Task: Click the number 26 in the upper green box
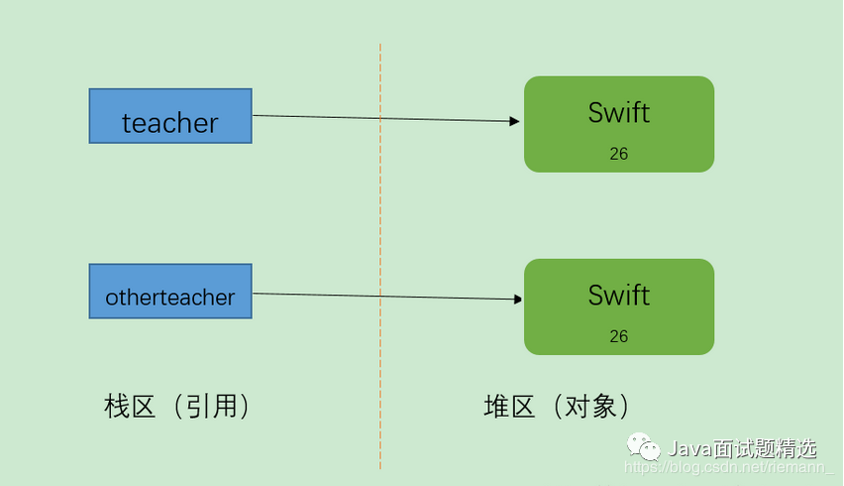(x=619, y=154)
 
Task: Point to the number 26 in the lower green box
(x=619, y=336)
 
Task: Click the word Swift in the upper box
(x=619, y=112)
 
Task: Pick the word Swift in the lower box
(x=619, y=295)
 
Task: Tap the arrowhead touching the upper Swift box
(x=515, y=121)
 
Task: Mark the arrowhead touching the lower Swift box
(x=517, y=299)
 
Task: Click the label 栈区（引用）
(x=176, y=407)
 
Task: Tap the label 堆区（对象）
(x=557, y=407)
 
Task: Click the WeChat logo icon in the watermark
(x=643, y=448)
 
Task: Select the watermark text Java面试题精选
(x=743, y=448)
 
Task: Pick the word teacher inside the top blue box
(x=170, y=123)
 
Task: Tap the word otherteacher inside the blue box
(x=170, y=298)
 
